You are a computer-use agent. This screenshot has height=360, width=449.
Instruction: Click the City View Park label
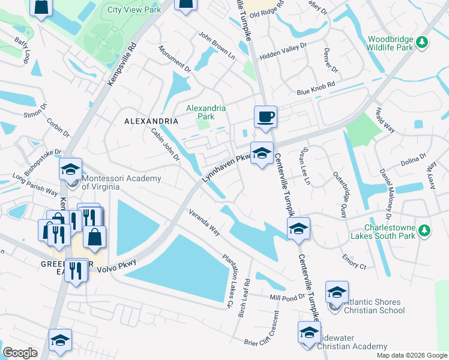[x=134, y=10]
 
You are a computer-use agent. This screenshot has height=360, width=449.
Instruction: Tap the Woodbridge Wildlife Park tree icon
[x=423, y=41]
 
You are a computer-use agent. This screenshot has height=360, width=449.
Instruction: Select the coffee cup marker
[x=265, y=116]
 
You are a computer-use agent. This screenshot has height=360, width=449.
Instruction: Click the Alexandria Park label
[x=206, y=112]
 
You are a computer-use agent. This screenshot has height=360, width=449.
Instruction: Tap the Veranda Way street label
[x=204, y=223]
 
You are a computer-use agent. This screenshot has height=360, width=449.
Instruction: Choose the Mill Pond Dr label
[x=288, y=297]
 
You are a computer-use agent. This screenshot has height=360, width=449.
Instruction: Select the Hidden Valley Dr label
[x=283, y=50]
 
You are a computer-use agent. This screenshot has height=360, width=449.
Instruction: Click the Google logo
[x=20, y=353]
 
